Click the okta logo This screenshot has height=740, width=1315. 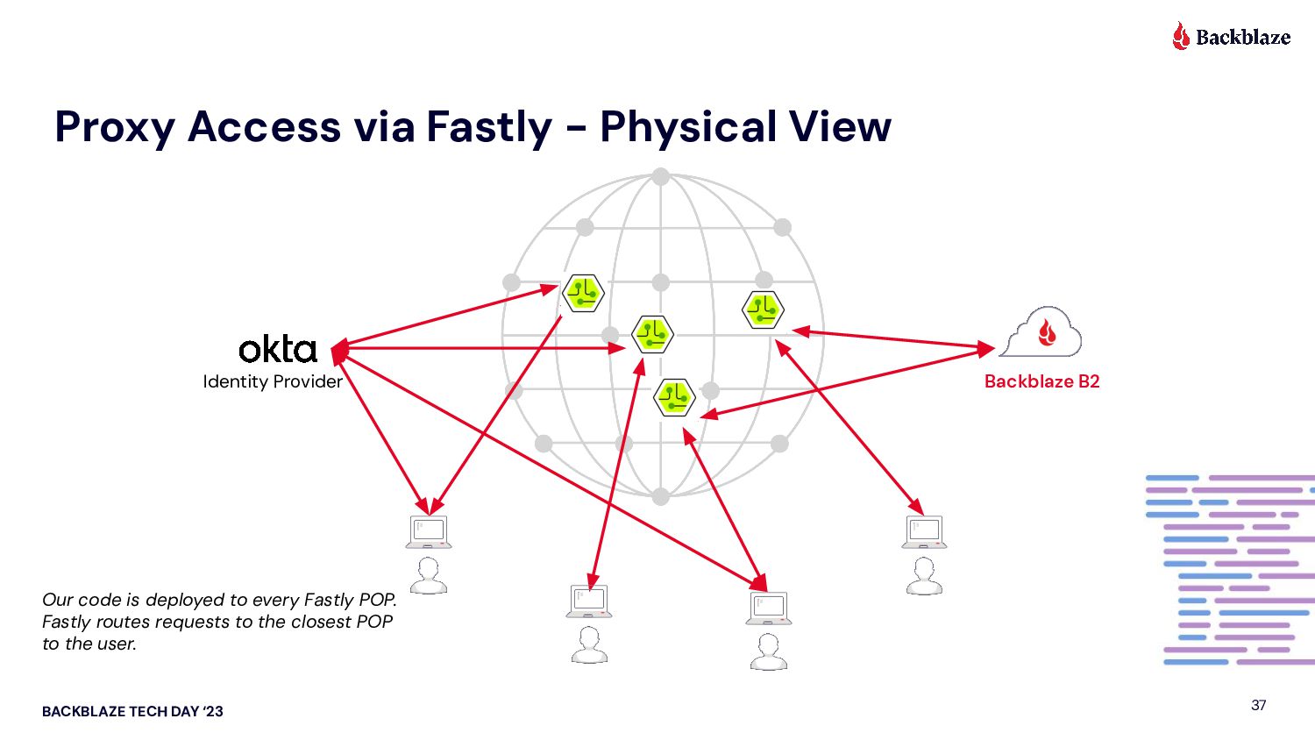[277, 349]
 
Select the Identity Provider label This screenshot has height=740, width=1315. [273, 381]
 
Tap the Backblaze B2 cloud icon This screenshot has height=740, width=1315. [1041, 332]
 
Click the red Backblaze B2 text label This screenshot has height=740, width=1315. [1041, 381]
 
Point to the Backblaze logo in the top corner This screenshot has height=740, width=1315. [1232, 37]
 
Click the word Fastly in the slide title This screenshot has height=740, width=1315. [489, 126]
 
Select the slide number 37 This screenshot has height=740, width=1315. [1259, 705]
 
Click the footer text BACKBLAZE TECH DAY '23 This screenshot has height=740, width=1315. [132, 712]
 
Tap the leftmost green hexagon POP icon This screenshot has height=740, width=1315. [583, 293]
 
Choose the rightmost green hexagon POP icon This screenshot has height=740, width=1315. [763, 309]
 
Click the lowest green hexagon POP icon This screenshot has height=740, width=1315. [675, 398]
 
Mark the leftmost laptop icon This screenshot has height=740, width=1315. [429, 531]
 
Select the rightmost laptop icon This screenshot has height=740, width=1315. [924, 531]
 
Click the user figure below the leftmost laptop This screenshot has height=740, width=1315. [429, 576]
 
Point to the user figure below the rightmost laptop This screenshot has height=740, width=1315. [924, 576]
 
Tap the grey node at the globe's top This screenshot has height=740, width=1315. [661, 176]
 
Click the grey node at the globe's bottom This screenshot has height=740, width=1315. [661, 496]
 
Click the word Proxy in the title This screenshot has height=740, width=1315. [114, 126]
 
